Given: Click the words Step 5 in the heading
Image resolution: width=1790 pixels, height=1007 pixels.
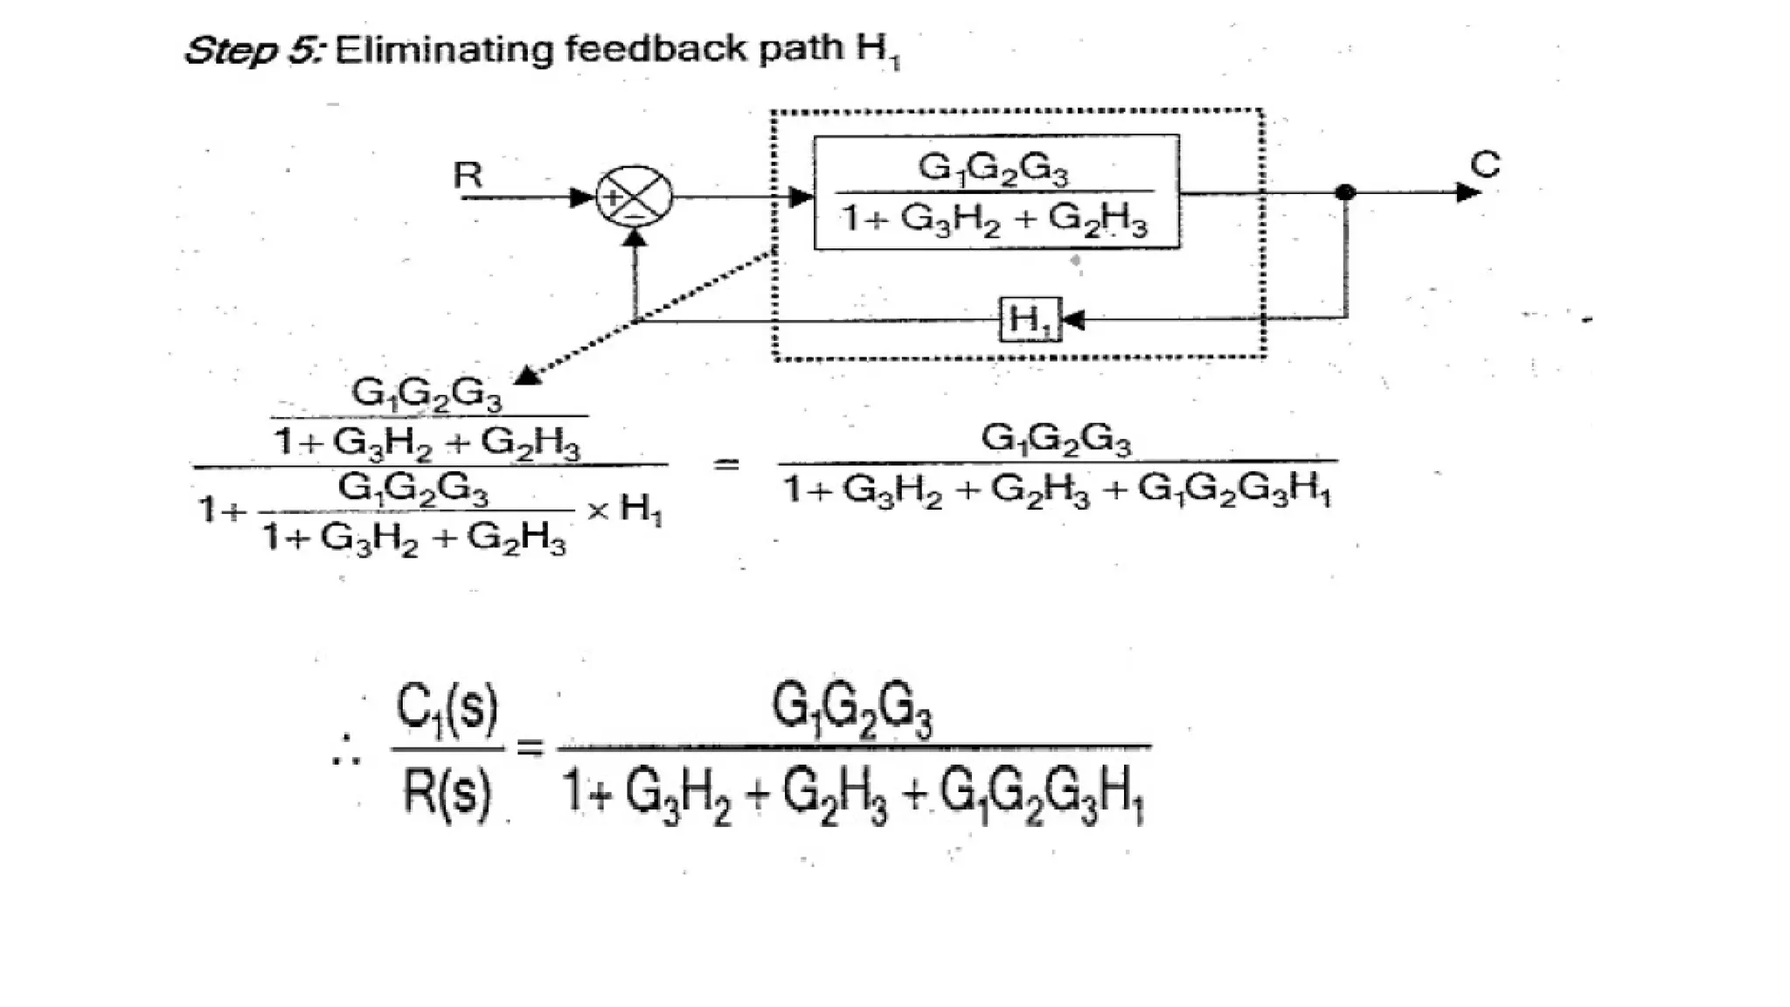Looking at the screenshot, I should [x=253, y=50].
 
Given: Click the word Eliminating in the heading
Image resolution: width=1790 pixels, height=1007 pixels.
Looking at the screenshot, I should [x=444, y=49].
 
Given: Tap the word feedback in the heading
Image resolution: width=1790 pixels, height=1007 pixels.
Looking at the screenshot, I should [x=656, y=48].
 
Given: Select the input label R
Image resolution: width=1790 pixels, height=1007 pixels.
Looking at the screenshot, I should [x=468, y=176].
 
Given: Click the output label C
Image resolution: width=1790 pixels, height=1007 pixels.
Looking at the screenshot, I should [x=1485, y=164].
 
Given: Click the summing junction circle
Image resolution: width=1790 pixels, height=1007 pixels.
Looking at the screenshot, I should [x=634, y=197].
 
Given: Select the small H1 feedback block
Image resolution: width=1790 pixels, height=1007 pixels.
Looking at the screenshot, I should [x=1030, y=320].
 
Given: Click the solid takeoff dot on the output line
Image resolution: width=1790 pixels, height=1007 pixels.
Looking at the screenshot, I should [x=1345, y=192].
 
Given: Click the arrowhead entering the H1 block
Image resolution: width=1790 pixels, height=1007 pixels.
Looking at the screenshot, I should [x=1072, y=320].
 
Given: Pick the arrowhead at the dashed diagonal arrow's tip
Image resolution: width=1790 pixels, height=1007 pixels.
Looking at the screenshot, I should [x=528, y=377].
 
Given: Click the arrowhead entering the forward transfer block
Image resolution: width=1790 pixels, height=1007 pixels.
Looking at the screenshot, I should [x=800, y=197].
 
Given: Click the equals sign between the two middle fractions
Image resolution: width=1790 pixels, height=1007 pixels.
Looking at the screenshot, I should [x=725, y=464].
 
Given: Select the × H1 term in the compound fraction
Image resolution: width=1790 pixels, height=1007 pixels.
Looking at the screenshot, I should [x=625, y=508].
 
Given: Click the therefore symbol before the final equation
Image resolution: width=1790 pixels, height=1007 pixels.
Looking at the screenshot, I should [x=346, y=751].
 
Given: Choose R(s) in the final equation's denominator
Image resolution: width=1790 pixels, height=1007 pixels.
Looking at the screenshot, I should [x=447, y=792].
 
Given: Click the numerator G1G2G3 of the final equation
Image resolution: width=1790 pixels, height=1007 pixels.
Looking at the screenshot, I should [x=851, y=710].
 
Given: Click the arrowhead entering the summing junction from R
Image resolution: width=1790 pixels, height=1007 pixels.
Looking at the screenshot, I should [x=581, y=198].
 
